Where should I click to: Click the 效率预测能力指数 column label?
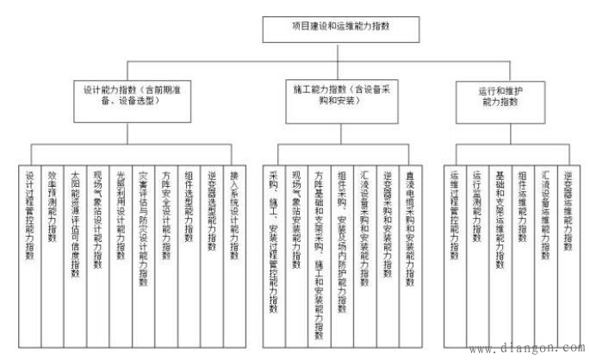click(53, 207)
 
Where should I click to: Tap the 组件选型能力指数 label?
click(187, 207)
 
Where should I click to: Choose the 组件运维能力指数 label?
click(521, 207)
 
